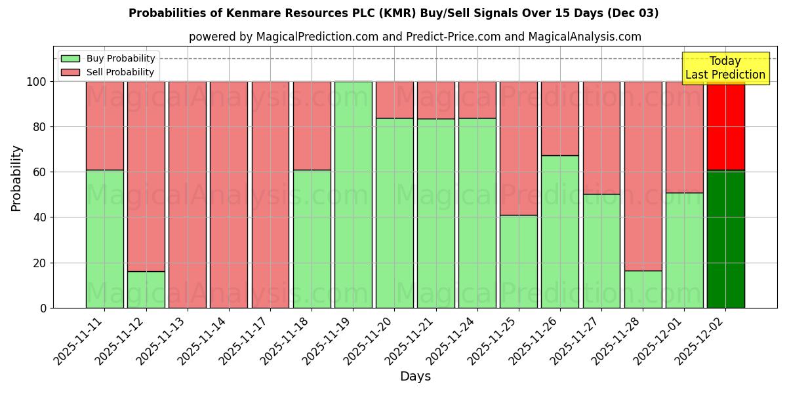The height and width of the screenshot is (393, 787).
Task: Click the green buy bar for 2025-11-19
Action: [353, 195]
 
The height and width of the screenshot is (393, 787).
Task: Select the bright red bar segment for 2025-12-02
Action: [725, 126]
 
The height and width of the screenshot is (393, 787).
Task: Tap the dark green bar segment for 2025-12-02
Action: [725, 239]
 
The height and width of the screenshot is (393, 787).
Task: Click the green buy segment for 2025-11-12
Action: [146, 290]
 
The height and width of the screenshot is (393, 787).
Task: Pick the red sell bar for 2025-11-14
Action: [229, 195]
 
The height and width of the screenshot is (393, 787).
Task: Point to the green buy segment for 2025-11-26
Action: [560, 231]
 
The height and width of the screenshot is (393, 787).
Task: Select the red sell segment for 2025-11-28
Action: [643, 176]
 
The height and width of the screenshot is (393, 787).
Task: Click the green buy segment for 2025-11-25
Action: [518, 261]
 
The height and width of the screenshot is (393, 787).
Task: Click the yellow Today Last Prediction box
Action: [725, 68]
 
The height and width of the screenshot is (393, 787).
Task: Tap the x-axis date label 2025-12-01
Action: [658, 341]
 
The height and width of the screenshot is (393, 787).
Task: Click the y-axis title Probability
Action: [16, 178]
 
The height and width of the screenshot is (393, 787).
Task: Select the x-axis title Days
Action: [415, 377]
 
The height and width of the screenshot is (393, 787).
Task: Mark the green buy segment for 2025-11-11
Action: [104, 239]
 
